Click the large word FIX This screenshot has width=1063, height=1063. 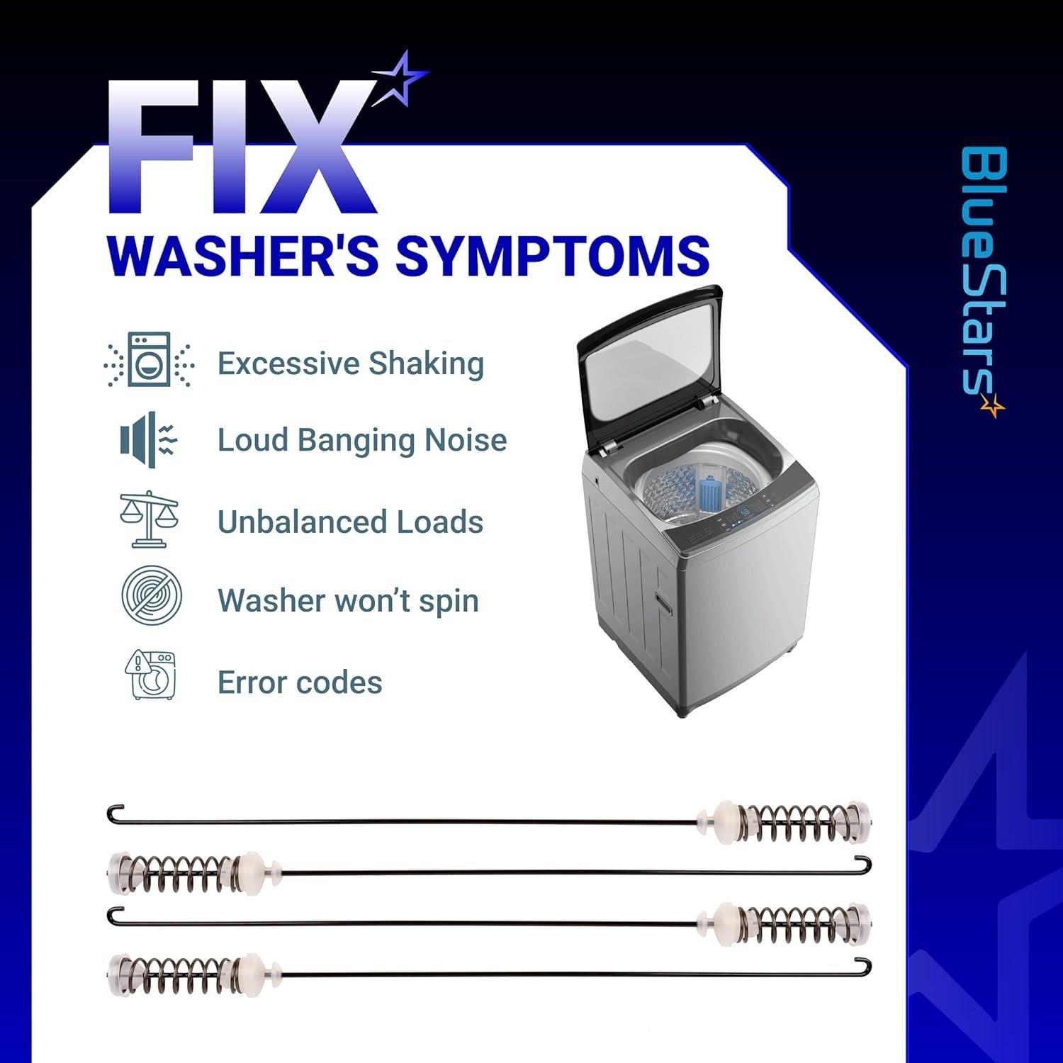(x=241, y=147)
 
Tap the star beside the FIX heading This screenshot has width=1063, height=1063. (x=400, y=79)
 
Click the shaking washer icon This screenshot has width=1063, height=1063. (x=149, y=359)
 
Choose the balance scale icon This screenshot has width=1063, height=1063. (x=149, y=518)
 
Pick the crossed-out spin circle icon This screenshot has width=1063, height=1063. (x=151, y=595)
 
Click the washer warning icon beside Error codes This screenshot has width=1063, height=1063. (x=150, y=675)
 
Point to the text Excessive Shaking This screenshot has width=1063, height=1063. (x=351, y=364)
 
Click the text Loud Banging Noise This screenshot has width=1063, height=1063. (x=362, y=440)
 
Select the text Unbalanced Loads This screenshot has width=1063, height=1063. (x=351, y=522)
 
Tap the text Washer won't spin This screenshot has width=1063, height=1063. (x=348, y=601)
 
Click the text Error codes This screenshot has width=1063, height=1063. (x=300, y=682)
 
